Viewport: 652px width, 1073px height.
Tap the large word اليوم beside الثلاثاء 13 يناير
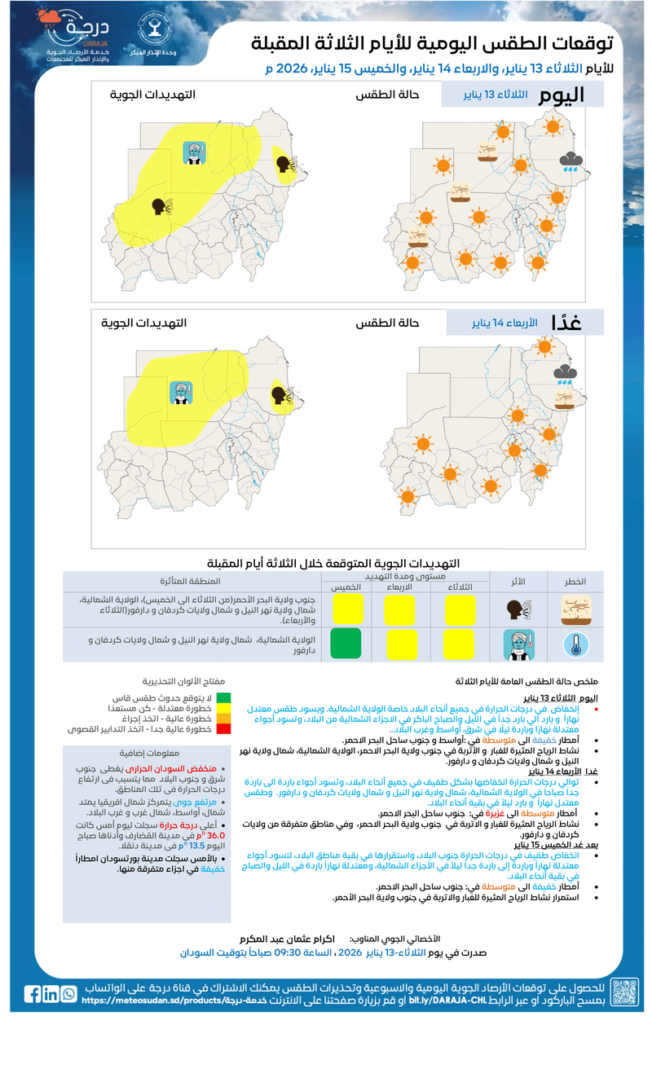(x=562, y=95)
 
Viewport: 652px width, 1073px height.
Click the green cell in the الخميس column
(x=346, y=644)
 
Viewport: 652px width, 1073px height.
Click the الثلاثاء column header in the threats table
(x=460, y=587)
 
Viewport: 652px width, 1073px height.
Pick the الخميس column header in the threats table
(x=346, y=587)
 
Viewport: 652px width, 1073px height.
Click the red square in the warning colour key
(x=222, y=729)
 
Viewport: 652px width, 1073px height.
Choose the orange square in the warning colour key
(x=222, y=719)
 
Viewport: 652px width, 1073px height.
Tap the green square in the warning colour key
(x=222, y=698)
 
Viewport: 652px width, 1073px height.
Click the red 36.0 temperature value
(x=217, y=835)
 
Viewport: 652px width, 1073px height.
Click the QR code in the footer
(x=624, y=993)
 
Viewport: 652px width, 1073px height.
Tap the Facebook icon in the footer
(x=33, y=994)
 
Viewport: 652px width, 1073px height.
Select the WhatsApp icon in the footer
(x=68, y=994)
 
